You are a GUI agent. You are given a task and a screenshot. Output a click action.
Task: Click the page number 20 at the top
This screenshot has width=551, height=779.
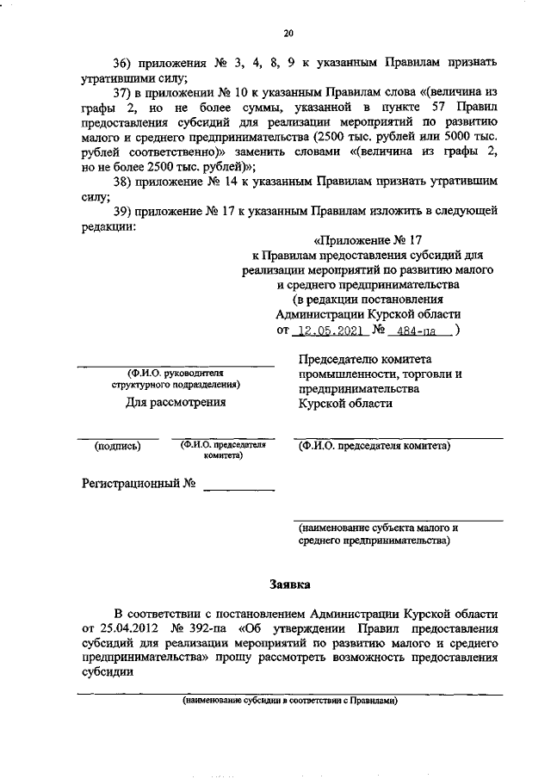click(288, 34)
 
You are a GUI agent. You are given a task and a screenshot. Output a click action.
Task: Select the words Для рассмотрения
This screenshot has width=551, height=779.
click(176, 402)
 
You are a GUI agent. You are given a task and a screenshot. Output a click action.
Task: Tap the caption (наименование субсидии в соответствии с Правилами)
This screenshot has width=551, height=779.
click(288, 701)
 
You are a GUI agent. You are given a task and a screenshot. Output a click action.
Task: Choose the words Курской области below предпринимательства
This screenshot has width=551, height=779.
click(345, 403)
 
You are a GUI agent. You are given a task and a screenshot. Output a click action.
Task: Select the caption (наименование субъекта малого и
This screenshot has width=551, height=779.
click(378, 527)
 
